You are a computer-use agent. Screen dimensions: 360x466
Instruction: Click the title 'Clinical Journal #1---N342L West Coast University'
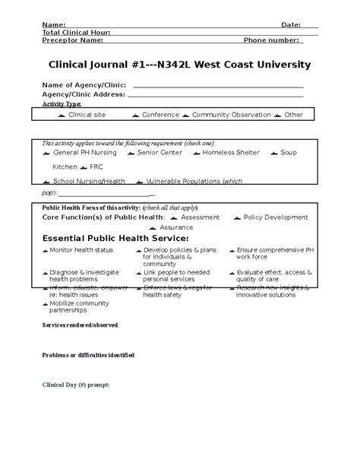pyautogui.click(x=179, y=65)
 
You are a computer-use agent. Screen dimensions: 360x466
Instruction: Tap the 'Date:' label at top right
pyautogui.click(x=291, y=24)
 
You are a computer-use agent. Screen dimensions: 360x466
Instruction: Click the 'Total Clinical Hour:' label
pyautogui.click(x=76, y=32)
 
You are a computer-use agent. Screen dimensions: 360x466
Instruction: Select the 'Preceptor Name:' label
pyautogui.click(x=72, y=40)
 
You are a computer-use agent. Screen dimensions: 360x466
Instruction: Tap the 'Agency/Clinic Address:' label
pyautogui.click(x=84, y=94)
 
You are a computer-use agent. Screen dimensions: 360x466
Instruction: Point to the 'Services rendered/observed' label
pyautogui.click(x=80, y=325)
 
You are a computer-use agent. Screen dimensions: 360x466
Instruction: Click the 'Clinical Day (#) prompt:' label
pyautogui.click(x=75, y=385)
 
